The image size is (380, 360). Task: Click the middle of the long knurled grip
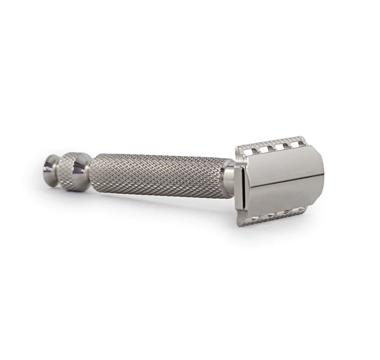160,174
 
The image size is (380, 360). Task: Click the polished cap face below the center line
282,195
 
